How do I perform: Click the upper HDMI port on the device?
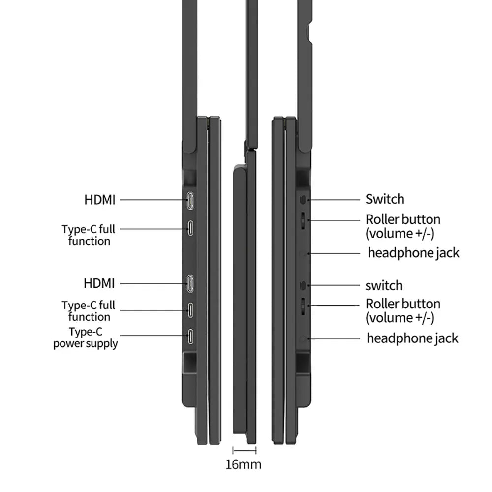coord(190,201)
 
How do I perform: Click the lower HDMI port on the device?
coord(190,283)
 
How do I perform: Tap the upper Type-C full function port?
coord(190,228)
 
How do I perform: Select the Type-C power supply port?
coord(190,337)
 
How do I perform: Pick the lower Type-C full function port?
coord(190,310)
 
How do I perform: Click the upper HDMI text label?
coord(100,200)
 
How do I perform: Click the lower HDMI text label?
coord(99,283)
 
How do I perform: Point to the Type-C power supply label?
coord(85,338)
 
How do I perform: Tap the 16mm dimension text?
coord(243,464)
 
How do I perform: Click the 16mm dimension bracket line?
coord(245,451)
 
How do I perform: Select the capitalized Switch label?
coord(385,199)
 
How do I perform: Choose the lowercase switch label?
coord(384,285)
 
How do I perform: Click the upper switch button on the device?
coord(303,200)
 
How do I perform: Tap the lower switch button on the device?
coord(303,285)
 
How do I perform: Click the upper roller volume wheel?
coord(303,220)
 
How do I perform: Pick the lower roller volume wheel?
coord(303,306)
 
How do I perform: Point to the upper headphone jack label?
coord(413,253)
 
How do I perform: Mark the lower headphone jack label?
coord(412,338)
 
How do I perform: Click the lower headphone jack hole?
coord(303,339)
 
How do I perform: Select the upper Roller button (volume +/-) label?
coord(403,226)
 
